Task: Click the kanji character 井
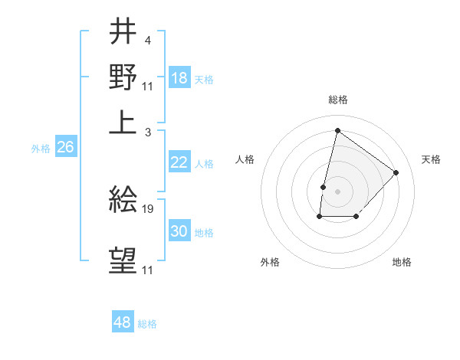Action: point(123,31)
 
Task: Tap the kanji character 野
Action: point(123,78)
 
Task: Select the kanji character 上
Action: point(123,123)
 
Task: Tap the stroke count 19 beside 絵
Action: point(149,208)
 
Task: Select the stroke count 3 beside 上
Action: point(147,133)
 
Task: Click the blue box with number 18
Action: point(179,77)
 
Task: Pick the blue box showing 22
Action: point(179,162)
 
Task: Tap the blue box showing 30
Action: point(179,231)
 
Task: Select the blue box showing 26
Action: point(65,147)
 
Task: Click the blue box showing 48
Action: point(123,322)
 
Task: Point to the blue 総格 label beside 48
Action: point(147,324)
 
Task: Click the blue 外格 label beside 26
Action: point(40,149)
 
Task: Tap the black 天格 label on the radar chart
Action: point(431,159)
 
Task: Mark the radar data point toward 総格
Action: point(337,130)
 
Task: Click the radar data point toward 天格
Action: point(396,172)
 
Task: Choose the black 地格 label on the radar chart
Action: point(402,263)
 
